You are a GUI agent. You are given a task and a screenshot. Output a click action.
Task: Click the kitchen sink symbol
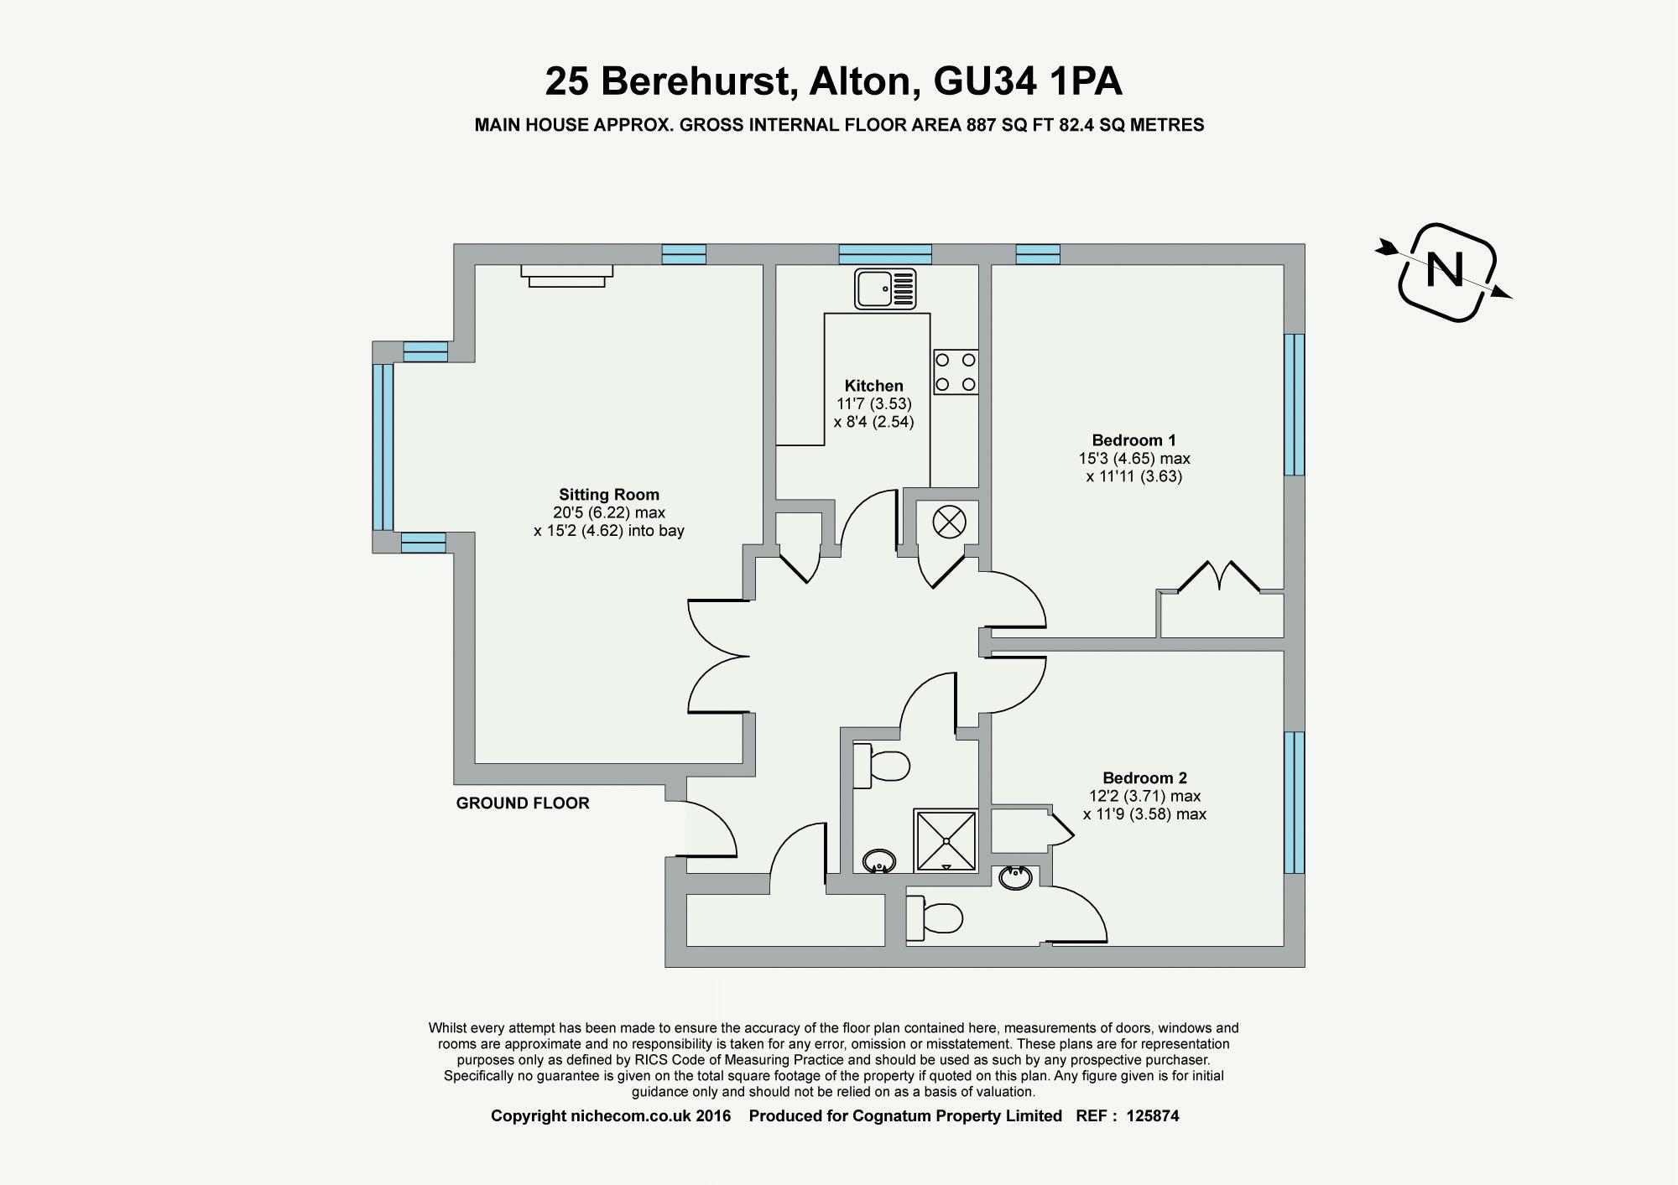pos(885,288)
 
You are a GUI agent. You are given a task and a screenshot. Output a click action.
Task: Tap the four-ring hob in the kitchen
pos(956,372)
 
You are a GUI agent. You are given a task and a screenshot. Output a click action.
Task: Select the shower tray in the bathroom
pos(946,839)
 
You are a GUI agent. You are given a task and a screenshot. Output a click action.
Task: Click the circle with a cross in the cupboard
pos(950,522)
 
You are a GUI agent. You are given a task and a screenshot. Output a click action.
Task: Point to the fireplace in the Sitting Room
pos(566,275)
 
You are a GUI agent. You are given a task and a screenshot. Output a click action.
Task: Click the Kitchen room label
pos(873,386)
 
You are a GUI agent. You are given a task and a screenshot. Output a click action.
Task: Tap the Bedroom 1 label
pos(1133,440)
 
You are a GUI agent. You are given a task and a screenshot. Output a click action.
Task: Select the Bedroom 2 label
pos(1144,778)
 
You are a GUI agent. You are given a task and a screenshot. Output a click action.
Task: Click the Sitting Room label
pos(609,495)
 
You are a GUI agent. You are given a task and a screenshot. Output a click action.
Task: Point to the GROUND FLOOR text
pos(523,803)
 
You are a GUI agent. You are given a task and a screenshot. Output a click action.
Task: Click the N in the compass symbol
pos(1445,270)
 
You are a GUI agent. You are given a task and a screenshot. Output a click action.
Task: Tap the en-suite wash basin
pos(1016,877)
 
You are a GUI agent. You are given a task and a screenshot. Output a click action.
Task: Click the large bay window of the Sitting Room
pos(383,447)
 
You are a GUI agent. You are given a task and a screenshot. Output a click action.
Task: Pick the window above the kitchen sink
pos(885,254)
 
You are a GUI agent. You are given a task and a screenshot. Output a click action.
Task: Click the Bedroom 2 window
pos(1295,803)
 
